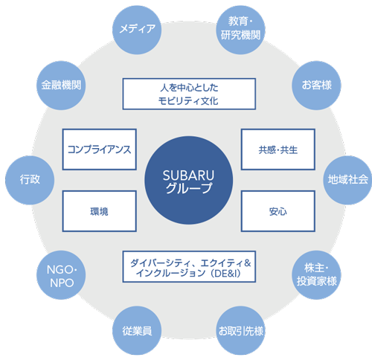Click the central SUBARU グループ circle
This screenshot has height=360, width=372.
pos(188,180)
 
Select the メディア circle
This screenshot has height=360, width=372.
pos(137,30)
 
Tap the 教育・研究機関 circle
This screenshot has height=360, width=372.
pos(240,30)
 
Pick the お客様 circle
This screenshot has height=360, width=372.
pos(316,86)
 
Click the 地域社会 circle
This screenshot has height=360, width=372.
pos(347,180)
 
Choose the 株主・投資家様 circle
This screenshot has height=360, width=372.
pos(316,274)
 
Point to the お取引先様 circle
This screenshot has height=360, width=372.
pos(240,330)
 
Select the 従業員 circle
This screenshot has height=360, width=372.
pos(137,330)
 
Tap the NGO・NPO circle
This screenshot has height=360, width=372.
pos(61,274)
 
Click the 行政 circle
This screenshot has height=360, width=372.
pos(30,180)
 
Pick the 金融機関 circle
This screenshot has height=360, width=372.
pos(61,86)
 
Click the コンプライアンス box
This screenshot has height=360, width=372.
pos(99,150)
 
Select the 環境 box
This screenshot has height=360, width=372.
pos(99,211)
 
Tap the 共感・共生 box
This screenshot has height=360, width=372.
pos(278,150)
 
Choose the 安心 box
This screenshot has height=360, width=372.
pos(278,211)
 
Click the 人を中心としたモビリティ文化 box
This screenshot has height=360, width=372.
pos(189,94)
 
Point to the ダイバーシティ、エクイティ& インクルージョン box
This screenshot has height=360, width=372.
pos(189,266)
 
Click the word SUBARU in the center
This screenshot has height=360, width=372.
pos(188,176)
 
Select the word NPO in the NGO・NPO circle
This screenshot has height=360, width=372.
pos(62,283)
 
